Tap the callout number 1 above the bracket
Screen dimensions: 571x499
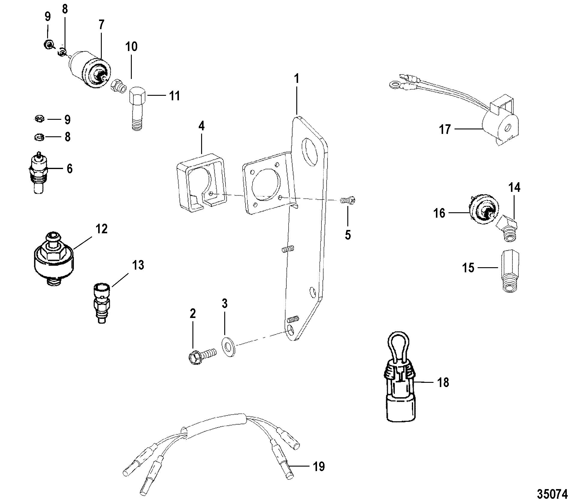297,72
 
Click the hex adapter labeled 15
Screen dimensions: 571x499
510,272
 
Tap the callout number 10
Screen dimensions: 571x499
131,47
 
